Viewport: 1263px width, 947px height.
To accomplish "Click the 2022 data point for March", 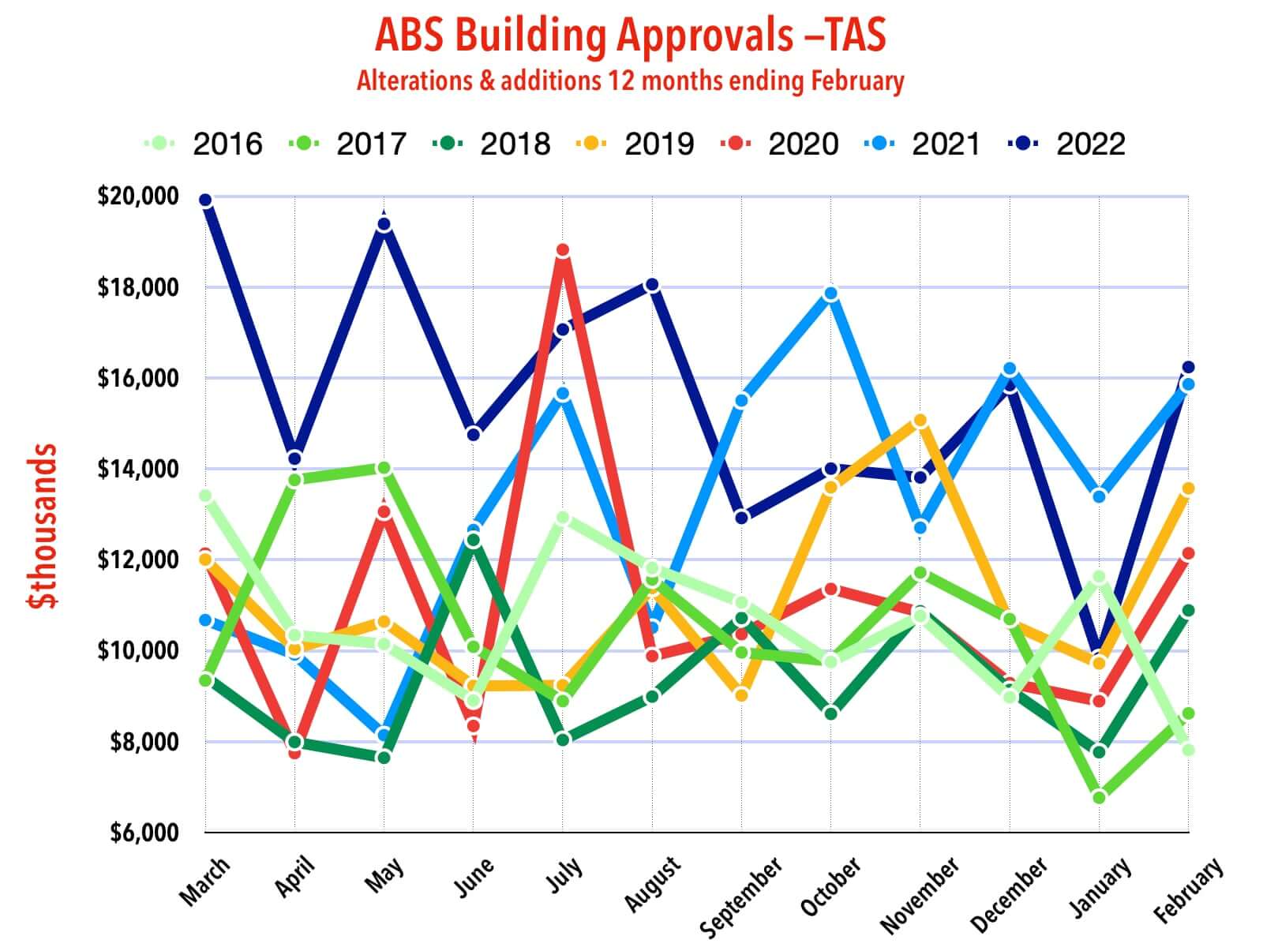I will pos(205,200).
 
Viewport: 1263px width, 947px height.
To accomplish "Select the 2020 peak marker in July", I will pos(563,251).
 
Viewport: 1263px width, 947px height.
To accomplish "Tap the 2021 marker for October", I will pos(830,294).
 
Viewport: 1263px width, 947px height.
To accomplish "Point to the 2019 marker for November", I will pos(920,421).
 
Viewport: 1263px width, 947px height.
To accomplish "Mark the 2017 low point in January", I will pos(1099,797).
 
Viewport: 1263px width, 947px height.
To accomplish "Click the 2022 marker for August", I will pos(652,285).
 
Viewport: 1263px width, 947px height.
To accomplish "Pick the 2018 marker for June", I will pos(473,541).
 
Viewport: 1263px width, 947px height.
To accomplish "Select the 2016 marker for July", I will pos(563,518).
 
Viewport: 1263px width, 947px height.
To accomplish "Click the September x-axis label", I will pos(742,896).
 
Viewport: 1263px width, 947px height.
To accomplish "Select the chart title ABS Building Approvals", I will pos(630,36).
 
